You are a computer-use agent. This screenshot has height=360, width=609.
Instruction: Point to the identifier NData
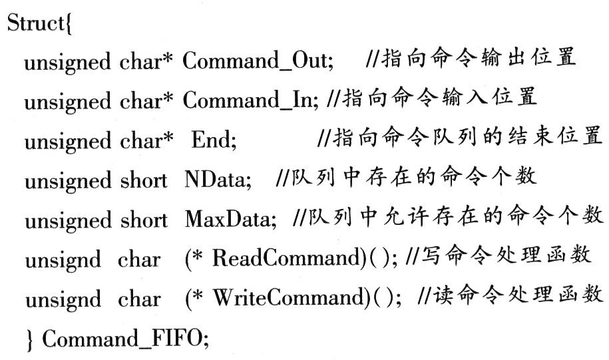[x=215, y=179]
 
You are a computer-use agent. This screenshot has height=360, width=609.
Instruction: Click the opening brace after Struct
[x=69, y=24]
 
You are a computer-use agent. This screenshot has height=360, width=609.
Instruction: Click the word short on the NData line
[x=143, y=180]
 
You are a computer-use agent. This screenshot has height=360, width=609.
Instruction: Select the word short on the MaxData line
[x=144, y=220]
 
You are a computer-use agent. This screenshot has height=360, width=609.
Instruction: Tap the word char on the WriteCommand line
[x=139, y=299]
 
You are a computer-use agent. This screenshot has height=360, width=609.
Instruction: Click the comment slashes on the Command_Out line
[x=373, y=59]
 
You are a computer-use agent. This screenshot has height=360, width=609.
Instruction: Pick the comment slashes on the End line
[x=325, y=138]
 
